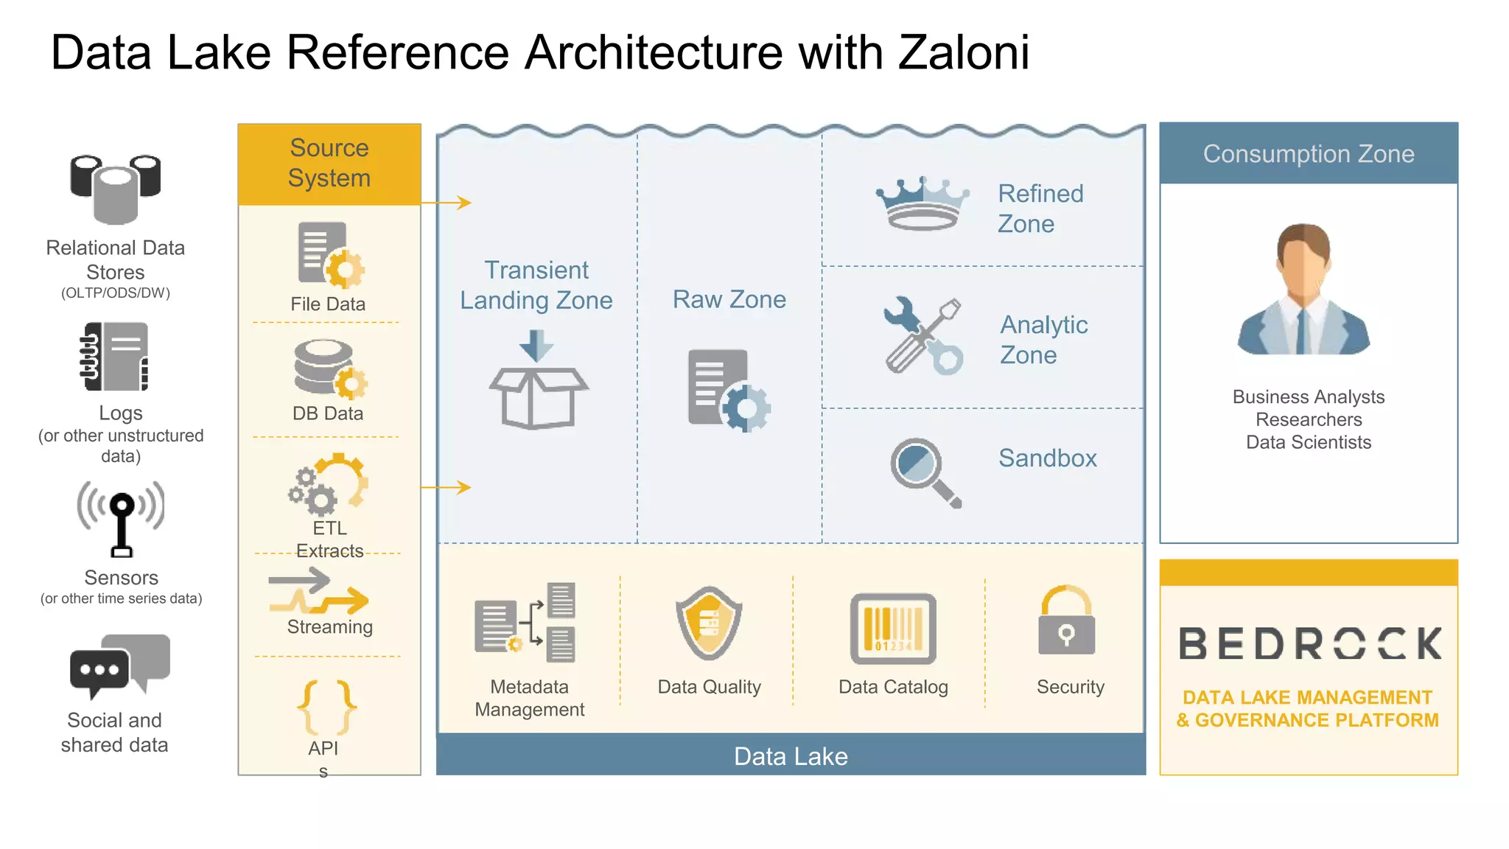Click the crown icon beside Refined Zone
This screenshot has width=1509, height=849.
(922, 205)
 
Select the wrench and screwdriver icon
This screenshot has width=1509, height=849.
(922, 336)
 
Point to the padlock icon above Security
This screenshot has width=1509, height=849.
(1066, 621)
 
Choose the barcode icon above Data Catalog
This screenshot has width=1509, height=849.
(893, 629)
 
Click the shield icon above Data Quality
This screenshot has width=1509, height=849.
(709, 623)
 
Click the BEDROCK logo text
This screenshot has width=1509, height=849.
(1309, 644)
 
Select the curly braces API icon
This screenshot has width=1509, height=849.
(326, 707)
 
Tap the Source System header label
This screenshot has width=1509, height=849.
(329, 163)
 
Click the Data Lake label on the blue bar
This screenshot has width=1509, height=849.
(791, 757)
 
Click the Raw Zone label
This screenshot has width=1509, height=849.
(729, 299)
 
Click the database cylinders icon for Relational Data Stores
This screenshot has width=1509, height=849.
(116, 189)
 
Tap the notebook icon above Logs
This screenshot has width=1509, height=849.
(115, 357)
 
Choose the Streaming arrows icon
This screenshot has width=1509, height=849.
(318, 591)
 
